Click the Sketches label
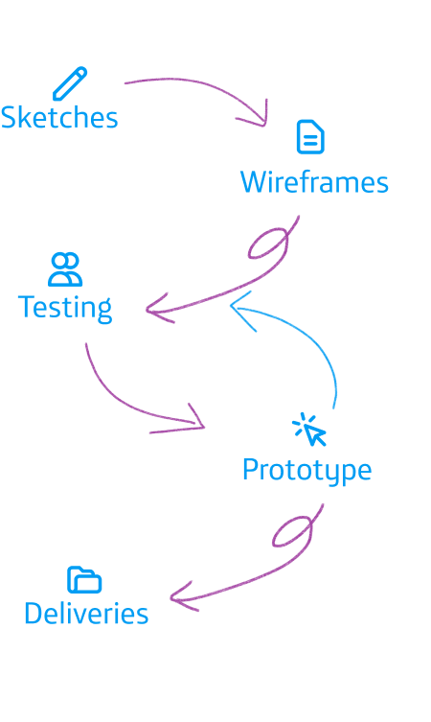click(x=59, y=117)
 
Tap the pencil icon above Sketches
click(x=70, y=83)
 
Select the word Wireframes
click(x=314, y=182)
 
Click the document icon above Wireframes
click(x=310, y=137)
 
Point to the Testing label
click(x=65, y=308)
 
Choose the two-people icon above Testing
click(x=65, y=269)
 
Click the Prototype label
click(x=306, y=471)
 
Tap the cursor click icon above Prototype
click(x=309, y=430)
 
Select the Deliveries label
click(x=86, y=614)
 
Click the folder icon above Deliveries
click(x=84, y=579)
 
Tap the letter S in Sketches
click(x=9, y=117)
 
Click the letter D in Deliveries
click(x=34, y=614)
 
